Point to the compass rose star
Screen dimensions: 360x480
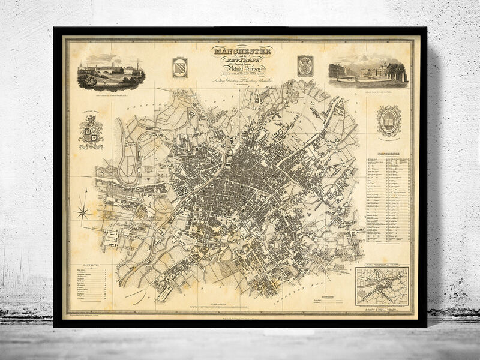83,211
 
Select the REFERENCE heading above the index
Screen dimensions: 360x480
388,154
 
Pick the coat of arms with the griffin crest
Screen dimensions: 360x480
91,132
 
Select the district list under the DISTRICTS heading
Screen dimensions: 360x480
88,284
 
